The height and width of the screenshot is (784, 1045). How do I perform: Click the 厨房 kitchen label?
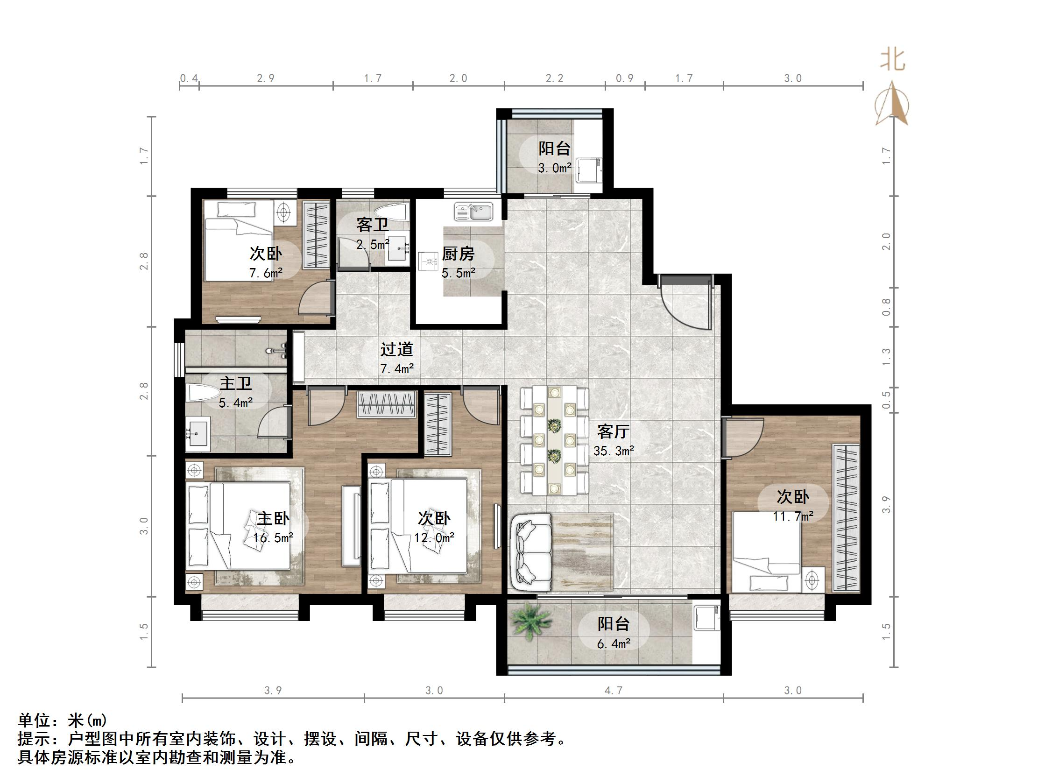[x=458, y=254]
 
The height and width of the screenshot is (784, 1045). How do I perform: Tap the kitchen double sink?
[x=473, y=211]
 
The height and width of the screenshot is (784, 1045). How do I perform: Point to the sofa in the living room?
[x=531, y=552]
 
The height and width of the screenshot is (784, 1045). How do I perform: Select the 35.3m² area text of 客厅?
[x=613, y=452]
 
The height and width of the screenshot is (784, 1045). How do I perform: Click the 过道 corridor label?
[x=397, y=349]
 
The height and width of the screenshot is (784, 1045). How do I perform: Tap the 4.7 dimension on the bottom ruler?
[x=613, y=691]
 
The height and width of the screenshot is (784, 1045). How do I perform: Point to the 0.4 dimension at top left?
[x=189, y=78]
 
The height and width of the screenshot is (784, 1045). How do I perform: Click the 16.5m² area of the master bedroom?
[x=273, y=538]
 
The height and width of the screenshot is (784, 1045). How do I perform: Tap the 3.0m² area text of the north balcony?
[x=555, y=168]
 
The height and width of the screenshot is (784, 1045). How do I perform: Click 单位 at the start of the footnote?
[x=33, y=720]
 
